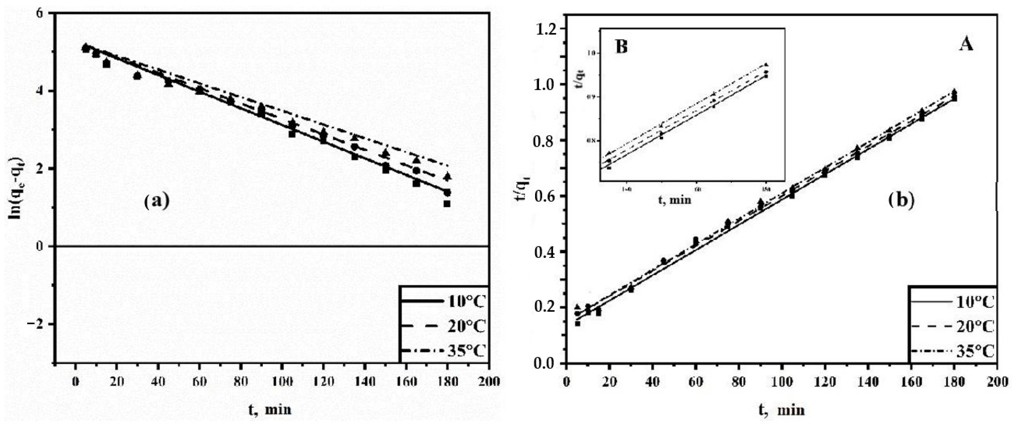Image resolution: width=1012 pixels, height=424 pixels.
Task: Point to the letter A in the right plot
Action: (966, 56)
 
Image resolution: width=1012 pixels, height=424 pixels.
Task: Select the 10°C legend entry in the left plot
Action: (444, 302)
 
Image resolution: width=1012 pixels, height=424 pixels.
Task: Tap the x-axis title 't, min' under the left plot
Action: (270, 409)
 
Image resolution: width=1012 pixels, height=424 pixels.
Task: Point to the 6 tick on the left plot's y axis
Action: (40, 13)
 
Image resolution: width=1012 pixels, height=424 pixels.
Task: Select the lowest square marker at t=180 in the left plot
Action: (447, 204)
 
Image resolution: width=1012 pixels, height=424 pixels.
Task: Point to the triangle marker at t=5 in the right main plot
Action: (577, 307)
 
